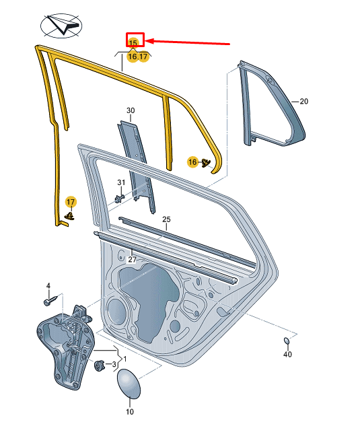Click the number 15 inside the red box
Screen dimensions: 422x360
click(x=133, y=42)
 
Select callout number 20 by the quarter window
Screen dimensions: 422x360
click(x=303, y=102)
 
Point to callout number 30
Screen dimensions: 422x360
click(x=131, y=110)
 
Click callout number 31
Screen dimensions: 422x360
click(x=121, y=182)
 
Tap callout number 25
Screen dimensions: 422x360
click(x=166, y=219)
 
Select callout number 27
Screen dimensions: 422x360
click(x=132, y=259)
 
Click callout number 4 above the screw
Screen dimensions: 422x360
click(x=48, y=286)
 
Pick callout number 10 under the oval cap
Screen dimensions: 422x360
click(x=129, y=411)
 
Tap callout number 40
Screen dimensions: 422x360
click(x=287, y=354)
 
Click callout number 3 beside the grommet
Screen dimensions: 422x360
click(x=114, y=365)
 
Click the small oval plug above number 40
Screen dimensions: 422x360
click(x=287, y=340)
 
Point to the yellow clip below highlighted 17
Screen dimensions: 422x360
click(x=70, y=215)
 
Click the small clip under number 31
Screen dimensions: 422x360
click(x=119, y=198)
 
